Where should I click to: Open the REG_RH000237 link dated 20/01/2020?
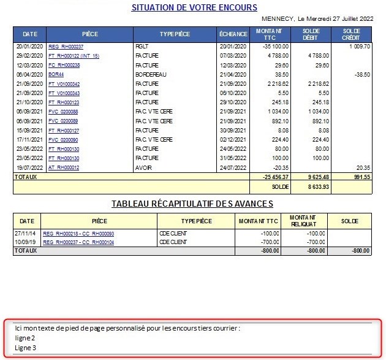(x=66, y=47)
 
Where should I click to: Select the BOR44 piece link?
(x=56, y=74)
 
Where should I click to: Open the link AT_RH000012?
(x=64, y=167)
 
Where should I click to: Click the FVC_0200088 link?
(x=63, y=112)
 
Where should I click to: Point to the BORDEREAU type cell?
(x=149, y=74)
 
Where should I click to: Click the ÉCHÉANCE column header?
(x=233, y=34)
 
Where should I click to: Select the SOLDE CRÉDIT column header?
(x=352, y=34)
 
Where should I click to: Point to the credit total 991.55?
(x=358, y=177)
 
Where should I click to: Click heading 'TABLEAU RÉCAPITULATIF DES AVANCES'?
(x=192, y=204)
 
